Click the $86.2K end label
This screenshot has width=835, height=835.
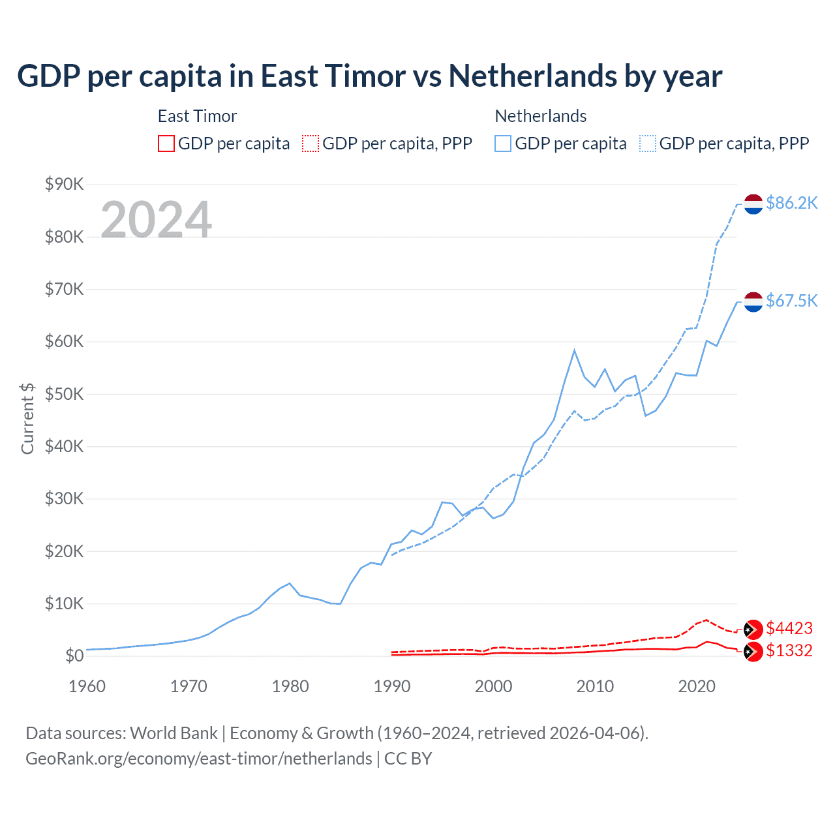point(791,203)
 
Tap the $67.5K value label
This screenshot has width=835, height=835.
point(791,301)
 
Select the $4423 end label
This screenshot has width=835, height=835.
point(789,628)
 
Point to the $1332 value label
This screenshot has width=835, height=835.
point(789,650)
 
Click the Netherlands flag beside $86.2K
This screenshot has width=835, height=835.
point(753,204)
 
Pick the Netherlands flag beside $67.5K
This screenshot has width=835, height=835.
point(753,302)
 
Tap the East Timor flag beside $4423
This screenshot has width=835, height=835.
point(753,629)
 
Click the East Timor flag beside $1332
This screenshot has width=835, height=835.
point(753,651)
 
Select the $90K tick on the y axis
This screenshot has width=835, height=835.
point(64,184)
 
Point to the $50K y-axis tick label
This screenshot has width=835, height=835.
point(64,394)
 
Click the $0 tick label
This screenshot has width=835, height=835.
point(74,656)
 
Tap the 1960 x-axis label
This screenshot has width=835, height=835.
point(87,686)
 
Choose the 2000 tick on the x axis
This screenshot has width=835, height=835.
point(494,686)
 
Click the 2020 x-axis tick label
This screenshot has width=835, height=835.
point(697,686)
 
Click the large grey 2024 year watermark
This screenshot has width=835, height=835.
point(157,220)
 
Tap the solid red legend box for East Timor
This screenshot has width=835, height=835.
point(166,144)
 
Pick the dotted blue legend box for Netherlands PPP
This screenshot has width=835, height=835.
point(648,144)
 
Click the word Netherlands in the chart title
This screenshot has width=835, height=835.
point(532,76)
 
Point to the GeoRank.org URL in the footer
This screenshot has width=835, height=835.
point(199,759)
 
